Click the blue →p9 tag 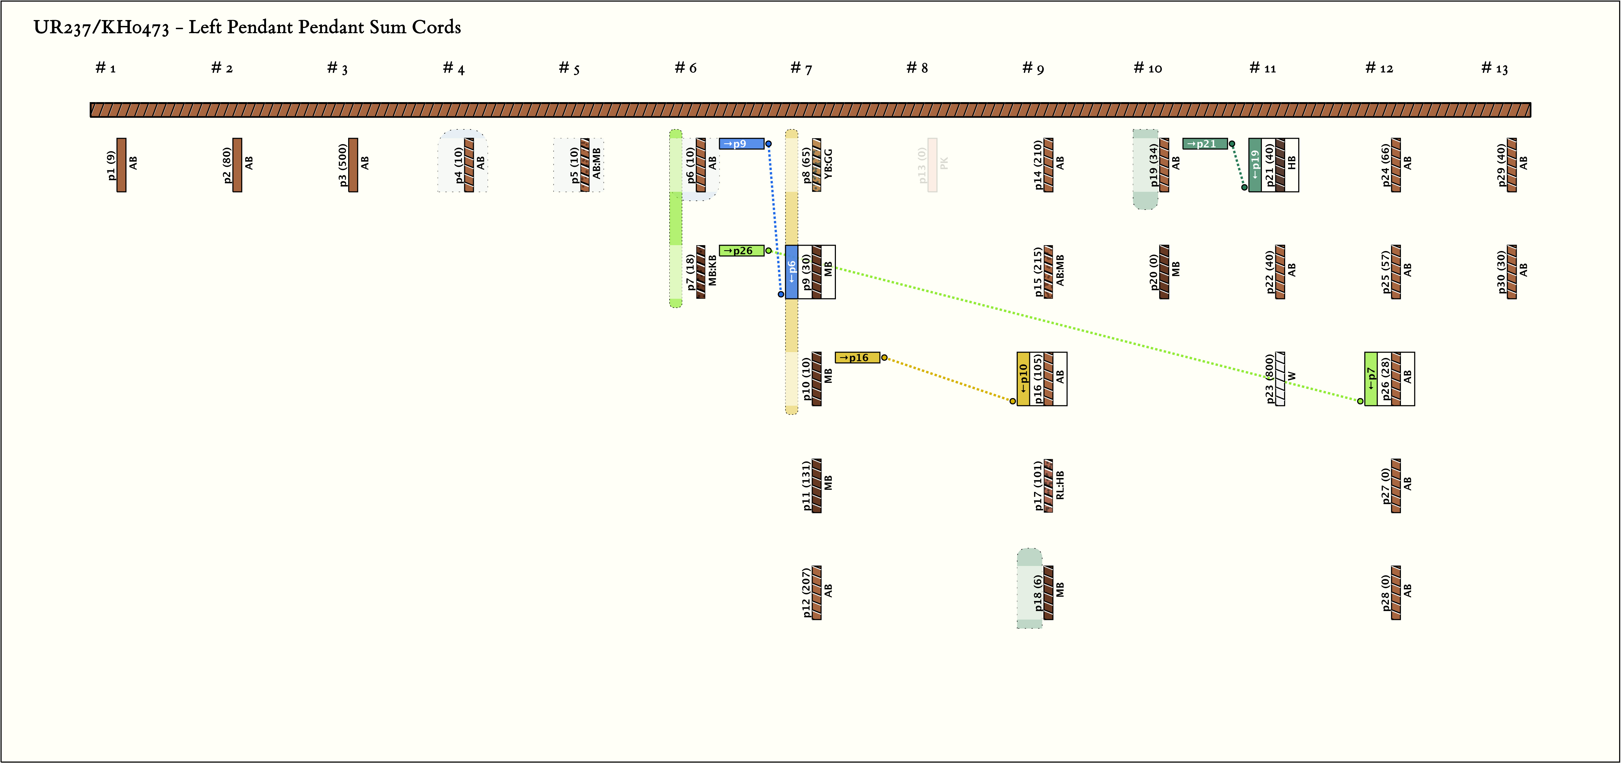pos(741,144)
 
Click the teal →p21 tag pos(1204,144)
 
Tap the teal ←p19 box pos(1255,165)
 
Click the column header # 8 pos(917,68)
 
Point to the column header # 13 pos(1495,68)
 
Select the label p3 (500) pos(342,165)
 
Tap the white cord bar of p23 pos(1280,379)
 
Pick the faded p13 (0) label pos(922,165)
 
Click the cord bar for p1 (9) pos(121,165)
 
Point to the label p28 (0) pos(1385,592)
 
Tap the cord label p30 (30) pos(1501,272)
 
